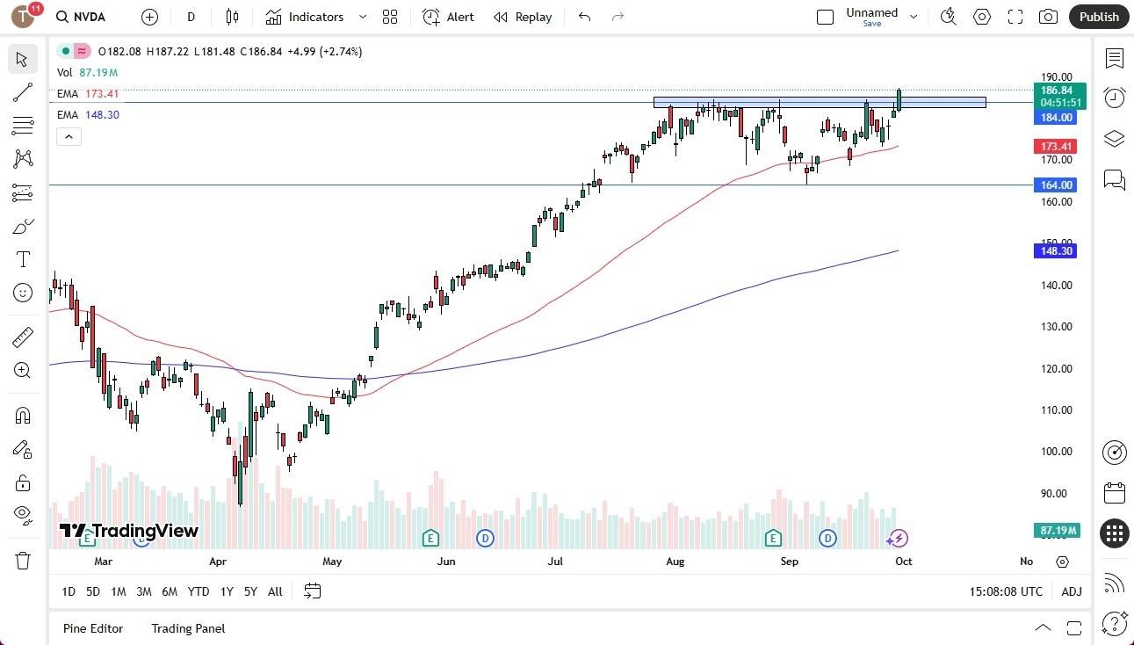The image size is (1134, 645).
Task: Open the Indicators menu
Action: coord(315,17)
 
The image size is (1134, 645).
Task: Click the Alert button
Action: coord(448,17)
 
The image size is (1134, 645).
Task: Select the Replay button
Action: coord(523,17)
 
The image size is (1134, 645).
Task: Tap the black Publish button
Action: coord(1099,17)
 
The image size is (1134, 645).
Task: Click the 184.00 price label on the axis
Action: coord(1057,118)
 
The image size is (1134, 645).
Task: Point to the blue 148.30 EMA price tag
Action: coord(1057,251)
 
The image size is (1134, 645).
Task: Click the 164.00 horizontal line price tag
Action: coord(1057,185)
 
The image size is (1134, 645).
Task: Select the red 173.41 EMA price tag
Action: coord(1057,147)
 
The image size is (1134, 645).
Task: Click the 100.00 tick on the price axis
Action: coord(1055,452)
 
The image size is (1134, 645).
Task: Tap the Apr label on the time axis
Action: coord(217,562)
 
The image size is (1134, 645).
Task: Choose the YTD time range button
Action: coord(199,592)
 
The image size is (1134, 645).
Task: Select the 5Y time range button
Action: coord(250,592)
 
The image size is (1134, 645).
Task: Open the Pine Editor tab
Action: coord(93,628)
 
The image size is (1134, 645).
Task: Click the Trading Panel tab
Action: coord(188,628)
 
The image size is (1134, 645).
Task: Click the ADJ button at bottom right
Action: coord(1072,592)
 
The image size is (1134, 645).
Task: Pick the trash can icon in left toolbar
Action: coord(23,561)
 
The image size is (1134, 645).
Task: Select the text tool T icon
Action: coord(23,259)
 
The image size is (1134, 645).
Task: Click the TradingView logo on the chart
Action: coord(129,531)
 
